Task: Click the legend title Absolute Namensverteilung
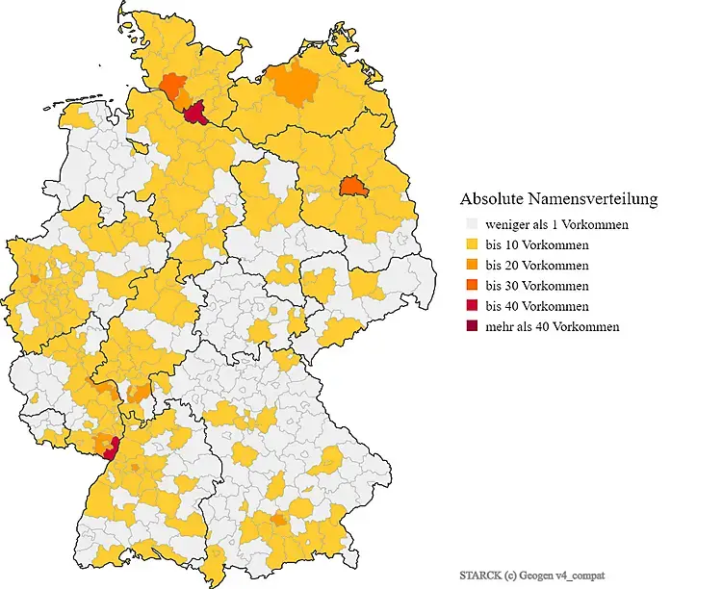point(558,199)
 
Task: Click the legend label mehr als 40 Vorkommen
point(552,326)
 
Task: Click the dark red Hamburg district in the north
point(199,115)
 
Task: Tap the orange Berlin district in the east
point(353,186)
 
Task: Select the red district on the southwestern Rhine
point(112,445)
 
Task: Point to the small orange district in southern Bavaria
point(279,521)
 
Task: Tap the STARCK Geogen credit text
point(532,575)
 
